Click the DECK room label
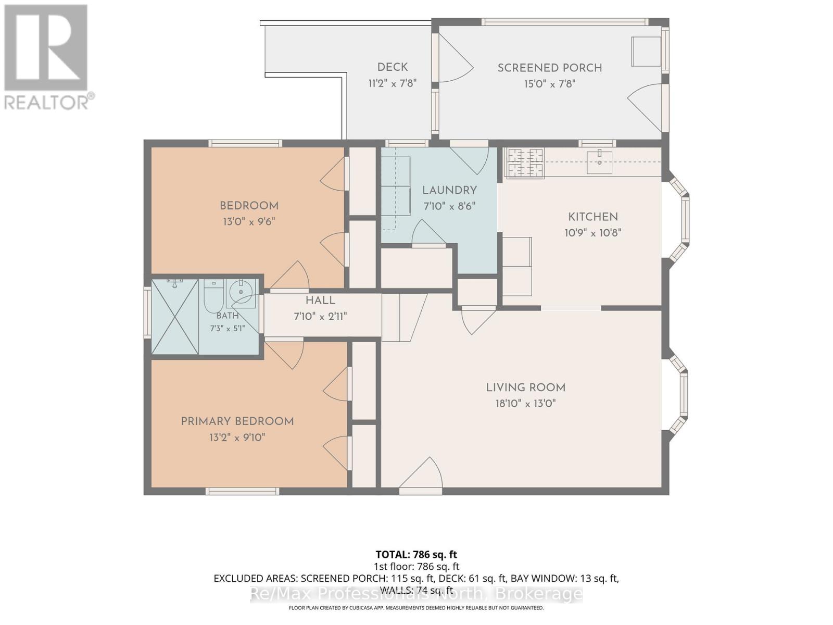pos(393,67)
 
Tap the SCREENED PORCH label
pos(549,68)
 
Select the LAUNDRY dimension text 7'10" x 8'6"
pos(449,206)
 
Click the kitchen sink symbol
pos(599,162)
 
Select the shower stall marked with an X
pos(175,317)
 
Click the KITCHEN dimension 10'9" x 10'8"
pos(593,233)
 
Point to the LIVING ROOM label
pos(526,388)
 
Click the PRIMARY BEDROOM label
pos(237,421)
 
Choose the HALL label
pos(320,301)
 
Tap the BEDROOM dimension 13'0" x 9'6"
pos(249,222)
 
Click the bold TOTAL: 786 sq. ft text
pos(416,555)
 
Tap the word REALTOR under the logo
pos(45,103)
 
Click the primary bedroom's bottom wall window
pos(243,492)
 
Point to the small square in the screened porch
pos(646,52)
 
